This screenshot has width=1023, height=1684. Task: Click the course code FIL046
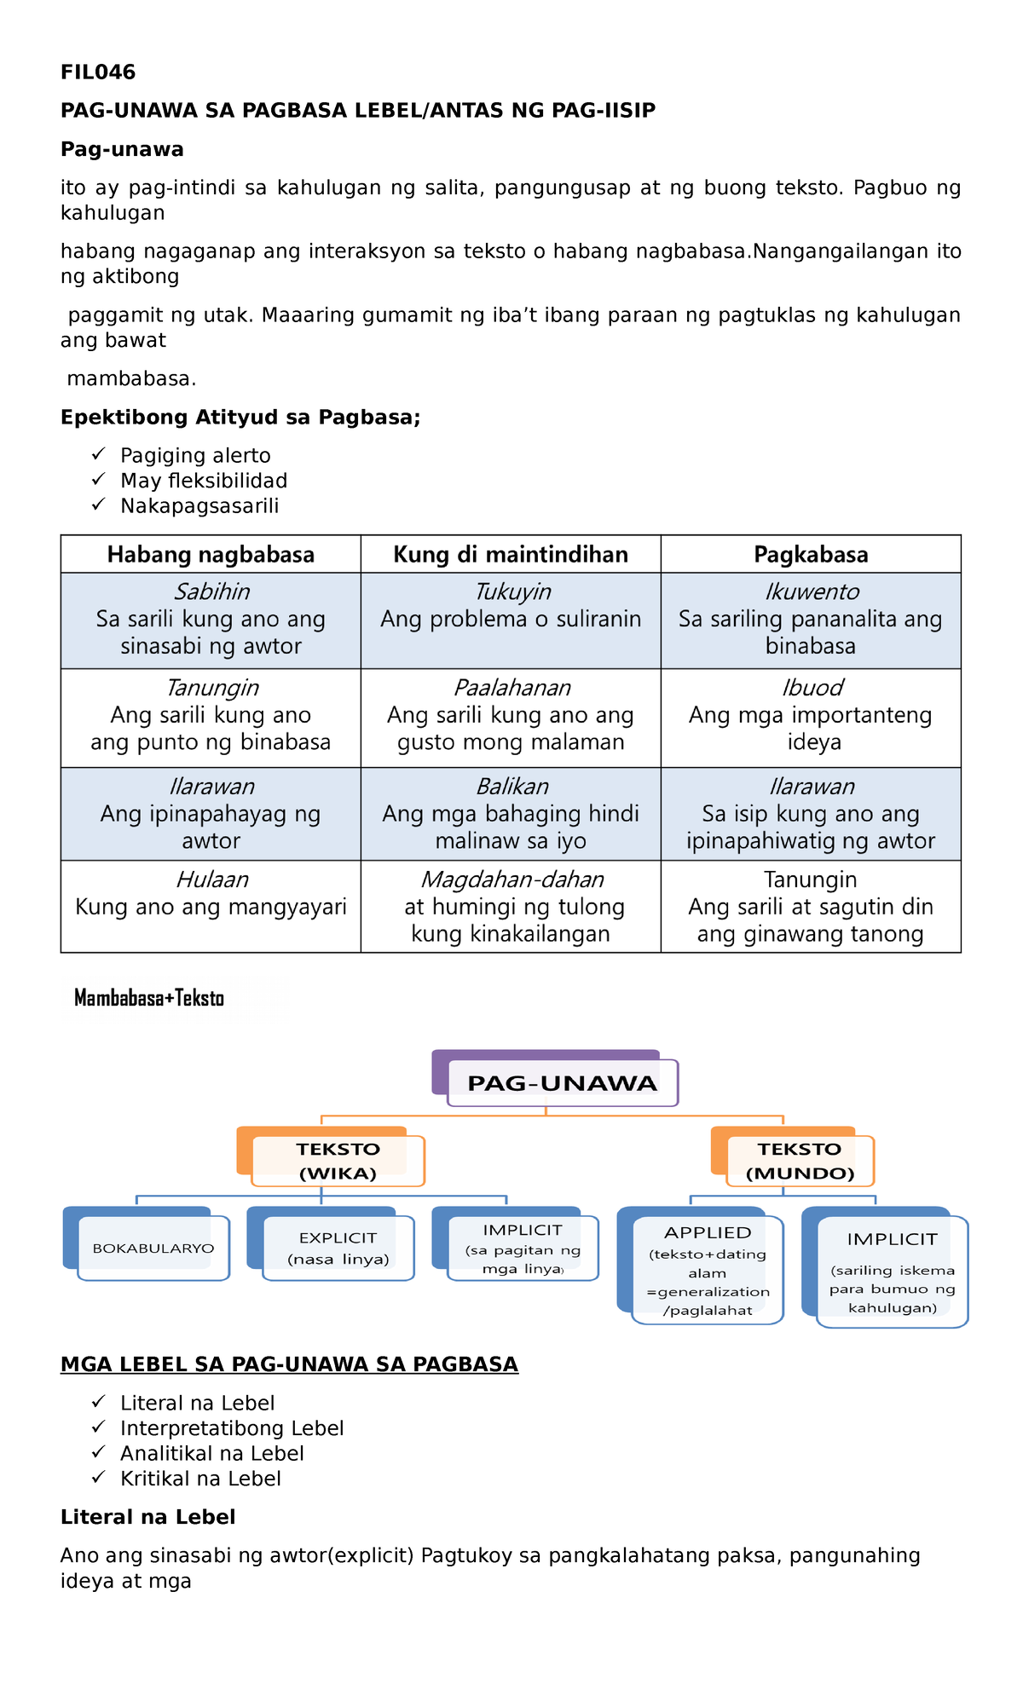coord(98,72)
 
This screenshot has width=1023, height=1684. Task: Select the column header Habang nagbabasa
coord(211,555)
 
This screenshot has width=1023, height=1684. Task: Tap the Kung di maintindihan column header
coord(511,555)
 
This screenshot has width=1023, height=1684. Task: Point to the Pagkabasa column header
coord(811,555)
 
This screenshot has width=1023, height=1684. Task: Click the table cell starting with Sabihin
coord(211,620)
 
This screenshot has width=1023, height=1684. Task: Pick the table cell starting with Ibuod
coord(811,715)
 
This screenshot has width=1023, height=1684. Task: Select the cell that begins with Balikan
coord(511,814)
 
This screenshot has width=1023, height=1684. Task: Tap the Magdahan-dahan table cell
coord(511,907)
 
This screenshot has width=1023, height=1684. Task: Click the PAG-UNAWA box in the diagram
coord(562,1083)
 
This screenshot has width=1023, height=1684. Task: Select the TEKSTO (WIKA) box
coord(338,1161)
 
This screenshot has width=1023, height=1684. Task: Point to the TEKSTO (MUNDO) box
coord(800,1161)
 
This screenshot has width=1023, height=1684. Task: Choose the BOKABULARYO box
coord(153,1249)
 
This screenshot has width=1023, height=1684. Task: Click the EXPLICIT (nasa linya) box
coord(338,1249)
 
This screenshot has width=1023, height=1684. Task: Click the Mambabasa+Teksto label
coord(149,999)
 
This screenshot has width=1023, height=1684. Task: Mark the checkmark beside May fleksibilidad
coord(99,480)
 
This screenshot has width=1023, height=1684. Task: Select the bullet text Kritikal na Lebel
coord(200,1479)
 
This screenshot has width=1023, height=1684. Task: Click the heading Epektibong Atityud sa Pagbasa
coord(240,418)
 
